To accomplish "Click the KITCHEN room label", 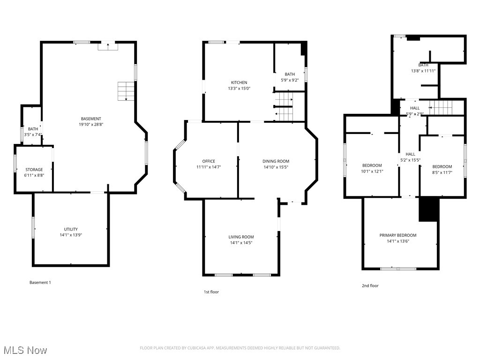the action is pos(239,82).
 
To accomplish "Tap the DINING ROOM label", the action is pos(276,161).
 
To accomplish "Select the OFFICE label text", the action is pos(209,161).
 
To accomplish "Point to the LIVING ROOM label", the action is pos(241,237).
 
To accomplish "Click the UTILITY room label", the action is pos(71,229).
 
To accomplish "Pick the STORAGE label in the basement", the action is pos(34,170).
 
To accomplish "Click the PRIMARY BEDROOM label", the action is pos(398,235).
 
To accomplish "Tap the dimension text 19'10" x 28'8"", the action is pos(91,125).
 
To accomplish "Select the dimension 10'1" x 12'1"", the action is pos(372,172).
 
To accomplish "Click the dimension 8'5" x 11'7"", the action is pos(442,172).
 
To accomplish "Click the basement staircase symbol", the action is pos(126,91).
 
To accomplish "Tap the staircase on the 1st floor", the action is pos(284,107).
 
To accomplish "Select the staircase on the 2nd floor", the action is pos(441,107).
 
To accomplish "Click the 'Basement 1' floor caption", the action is pos(40,283).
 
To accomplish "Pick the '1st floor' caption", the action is pos(211,292).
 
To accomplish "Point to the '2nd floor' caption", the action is pos(370,286).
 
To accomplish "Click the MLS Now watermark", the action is pos(25,350).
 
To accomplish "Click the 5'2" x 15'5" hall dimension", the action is pos(411,160).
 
